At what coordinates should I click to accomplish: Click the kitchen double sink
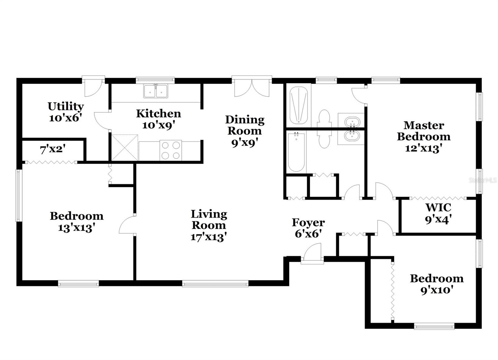pyautogui.click(x=156, y=91)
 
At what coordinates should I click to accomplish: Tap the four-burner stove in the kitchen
pyautogui.click(x=171, y=150)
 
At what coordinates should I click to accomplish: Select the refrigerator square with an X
pyautogui.click(x=125, y=147)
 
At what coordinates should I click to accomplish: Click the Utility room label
pyautogui.click(x=66, y=106)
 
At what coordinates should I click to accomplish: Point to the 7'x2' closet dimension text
pyautogui.click(x=52, y=150)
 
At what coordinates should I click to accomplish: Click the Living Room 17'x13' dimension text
pyautogui.click(x=208, y=237)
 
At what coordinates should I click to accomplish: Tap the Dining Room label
pyautogui.click(x=245, y=125)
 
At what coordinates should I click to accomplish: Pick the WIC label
pyautogui.click(x=438, y=207)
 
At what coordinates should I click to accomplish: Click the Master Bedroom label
pyautogui.click(x=424, y=131)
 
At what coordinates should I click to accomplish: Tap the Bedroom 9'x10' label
pyautogui.click(x=436, y=278)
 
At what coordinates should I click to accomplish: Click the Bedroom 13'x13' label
pyautogui.click(x=77, y=216)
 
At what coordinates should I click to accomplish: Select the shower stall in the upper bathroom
pyautogui.click(x=298, y=105)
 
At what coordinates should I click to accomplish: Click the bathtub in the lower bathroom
pyautogui.click(x=296, y=152)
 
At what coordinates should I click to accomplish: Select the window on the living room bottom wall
pyautogui.click(x=215, y=283)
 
